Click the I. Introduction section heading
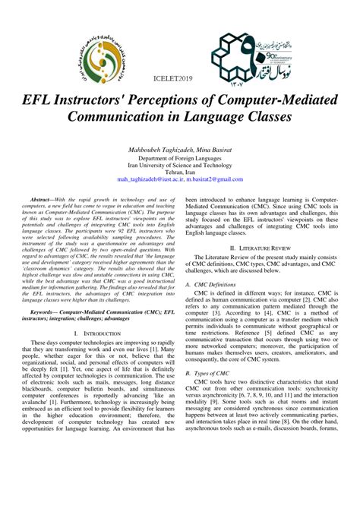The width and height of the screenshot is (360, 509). pyautogui.click(x=96, y=375)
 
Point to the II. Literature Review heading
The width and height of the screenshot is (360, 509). pyautogui.click(x=265, y=248)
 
